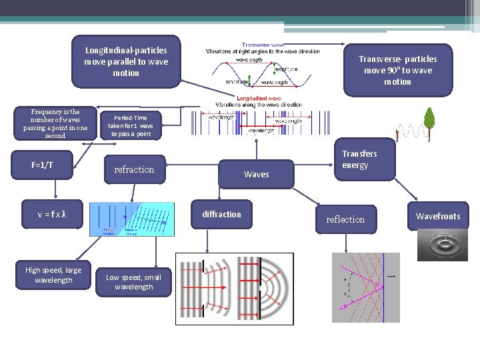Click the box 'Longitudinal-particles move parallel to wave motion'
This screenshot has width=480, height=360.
[126, 61]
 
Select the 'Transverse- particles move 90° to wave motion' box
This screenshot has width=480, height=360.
[397, 70]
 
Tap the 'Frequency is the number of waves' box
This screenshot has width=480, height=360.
[55, 124]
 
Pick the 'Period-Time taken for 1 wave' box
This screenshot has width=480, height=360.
[131, 125]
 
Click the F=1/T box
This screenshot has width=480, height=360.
[43, 165]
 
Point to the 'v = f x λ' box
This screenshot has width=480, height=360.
[52, 214]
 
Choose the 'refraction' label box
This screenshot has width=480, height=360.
[134, 169]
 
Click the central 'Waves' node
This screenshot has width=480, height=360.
[257, 174]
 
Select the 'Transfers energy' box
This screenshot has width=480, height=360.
[359, 159]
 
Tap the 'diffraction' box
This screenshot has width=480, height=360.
[222, 214]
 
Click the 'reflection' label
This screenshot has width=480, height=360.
[345, 219]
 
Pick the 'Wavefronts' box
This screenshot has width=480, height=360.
[438, 216]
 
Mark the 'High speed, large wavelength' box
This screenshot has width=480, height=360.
[53, 275]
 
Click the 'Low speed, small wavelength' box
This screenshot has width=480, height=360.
[133, 282]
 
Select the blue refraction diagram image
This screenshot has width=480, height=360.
[132, 219]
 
